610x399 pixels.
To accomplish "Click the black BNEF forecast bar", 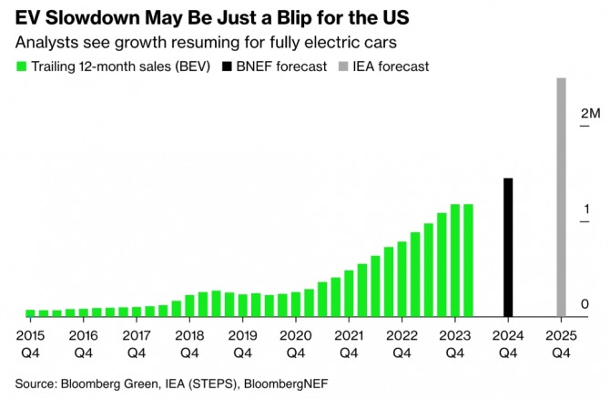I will click(x=508, y=247).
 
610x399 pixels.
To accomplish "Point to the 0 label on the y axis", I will click(x=585, y=303).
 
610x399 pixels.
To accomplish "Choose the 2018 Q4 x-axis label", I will click(x=188, y=341).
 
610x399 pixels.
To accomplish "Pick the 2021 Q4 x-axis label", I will click(x=347, y=341).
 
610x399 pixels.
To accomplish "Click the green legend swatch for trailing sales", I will click(x=21, y=66).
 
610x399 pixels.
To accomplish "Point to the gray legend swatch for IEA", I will click(x=343, y=66).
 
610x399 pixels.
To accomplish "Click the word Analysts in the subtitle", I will click(x=45, y=42).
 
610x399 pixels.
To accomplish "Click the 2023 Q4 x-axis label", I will click(x=453, y=341).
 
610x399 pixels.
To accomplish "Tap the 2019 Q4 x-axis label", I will click(x=241, y=341).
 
